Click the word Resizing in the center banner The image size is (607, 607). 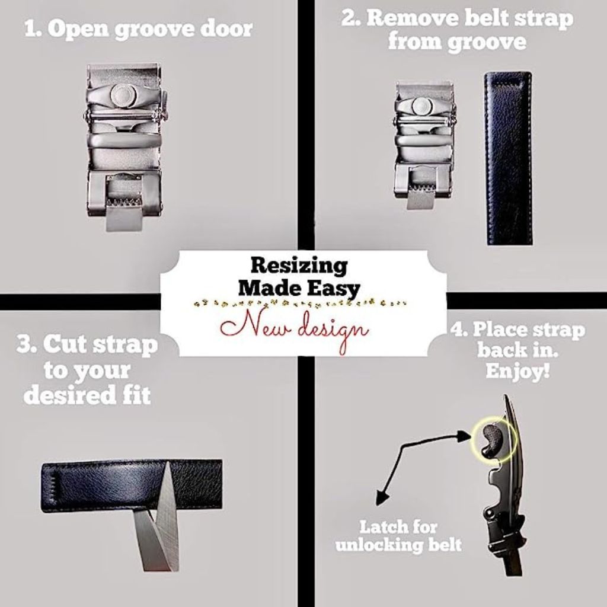point(298,266)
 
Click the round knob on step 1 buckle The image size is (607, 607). point(123,95)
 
